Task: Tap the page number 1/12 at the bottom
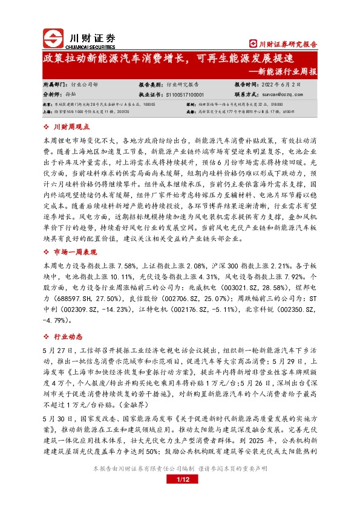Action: (x=180, y=497)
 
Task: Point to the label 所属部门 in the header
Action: (x=54, y=85)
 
